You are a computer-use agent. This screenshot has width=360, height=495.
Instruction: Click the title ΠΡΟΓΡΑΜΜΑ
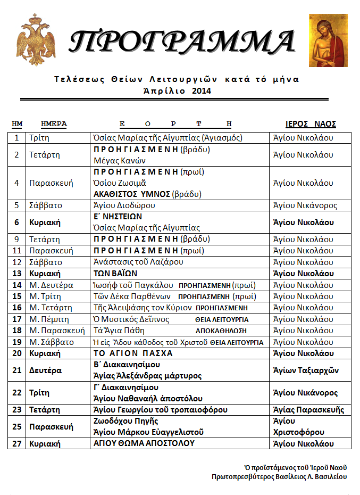(182, 41)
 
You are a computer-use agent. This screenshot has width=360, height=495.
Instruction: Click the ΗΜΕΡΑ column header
(54, 124)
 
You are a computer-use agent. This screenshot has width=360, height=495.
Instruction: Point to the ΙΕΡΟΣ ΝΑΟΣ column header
(311, 124)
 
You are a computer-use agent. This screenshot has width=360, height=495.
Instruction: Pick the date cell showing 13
(16, 274)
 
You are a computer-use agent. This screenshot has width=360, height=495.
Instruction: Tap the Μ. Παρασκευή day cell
(57, 331)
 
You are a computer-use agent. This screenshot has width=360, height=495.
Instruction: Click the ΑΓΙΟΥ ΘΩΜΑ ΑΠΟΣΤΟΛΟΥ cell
(144, 443)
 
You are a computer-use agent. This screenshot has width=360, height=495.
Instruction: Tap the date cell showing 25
(16, 426)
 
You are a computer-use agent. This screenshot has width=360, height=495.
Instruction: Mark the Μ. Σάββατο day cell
(52, 342)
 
